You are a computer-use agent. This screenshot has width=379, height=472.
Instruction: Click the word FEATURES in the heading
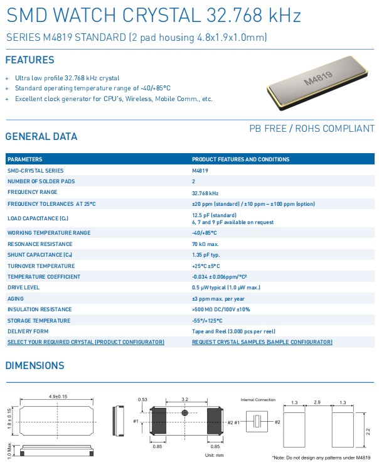(x=29, y=60)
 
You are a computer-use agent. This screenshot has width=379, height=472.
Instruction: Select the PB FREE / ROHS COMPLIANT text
(x=312, y=129)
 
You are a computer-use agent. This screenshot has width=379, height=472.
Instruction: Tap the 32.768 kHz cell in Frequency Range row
(x=205, y=193)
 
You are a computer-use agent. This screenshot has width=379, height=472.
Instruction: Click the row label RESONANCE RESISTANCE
(x=40, y=244)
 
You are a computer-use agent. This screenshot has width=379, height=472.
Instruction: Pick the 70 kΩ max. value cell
(x=205, y=244)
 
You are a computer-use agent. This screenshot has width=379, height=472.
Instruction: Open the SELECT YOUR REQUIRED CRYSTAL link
(x=85, y=342)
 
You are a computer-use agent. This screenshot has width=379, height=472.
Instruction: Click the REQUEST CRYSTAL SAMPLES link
(x=262, y=342)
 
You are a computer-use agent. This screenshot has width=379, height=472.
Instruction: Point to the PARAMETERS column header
(x=25, y=159)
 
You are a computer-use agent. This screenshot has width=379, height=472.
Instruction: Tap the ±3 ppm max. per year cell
(x=218, y=298)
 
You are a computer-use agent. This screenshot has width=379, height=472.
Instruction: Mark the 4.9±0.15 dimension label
(x=57, y=397)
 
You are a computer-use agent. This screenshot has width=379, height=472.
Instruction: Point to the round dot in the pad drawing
(x=185, y=413)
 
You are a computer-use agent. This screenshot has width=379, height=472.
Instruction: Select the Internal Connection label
(x=257, y=399)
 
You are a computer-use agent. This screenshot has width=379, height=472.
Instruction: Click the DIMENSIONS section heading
(x=35, y=365)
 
